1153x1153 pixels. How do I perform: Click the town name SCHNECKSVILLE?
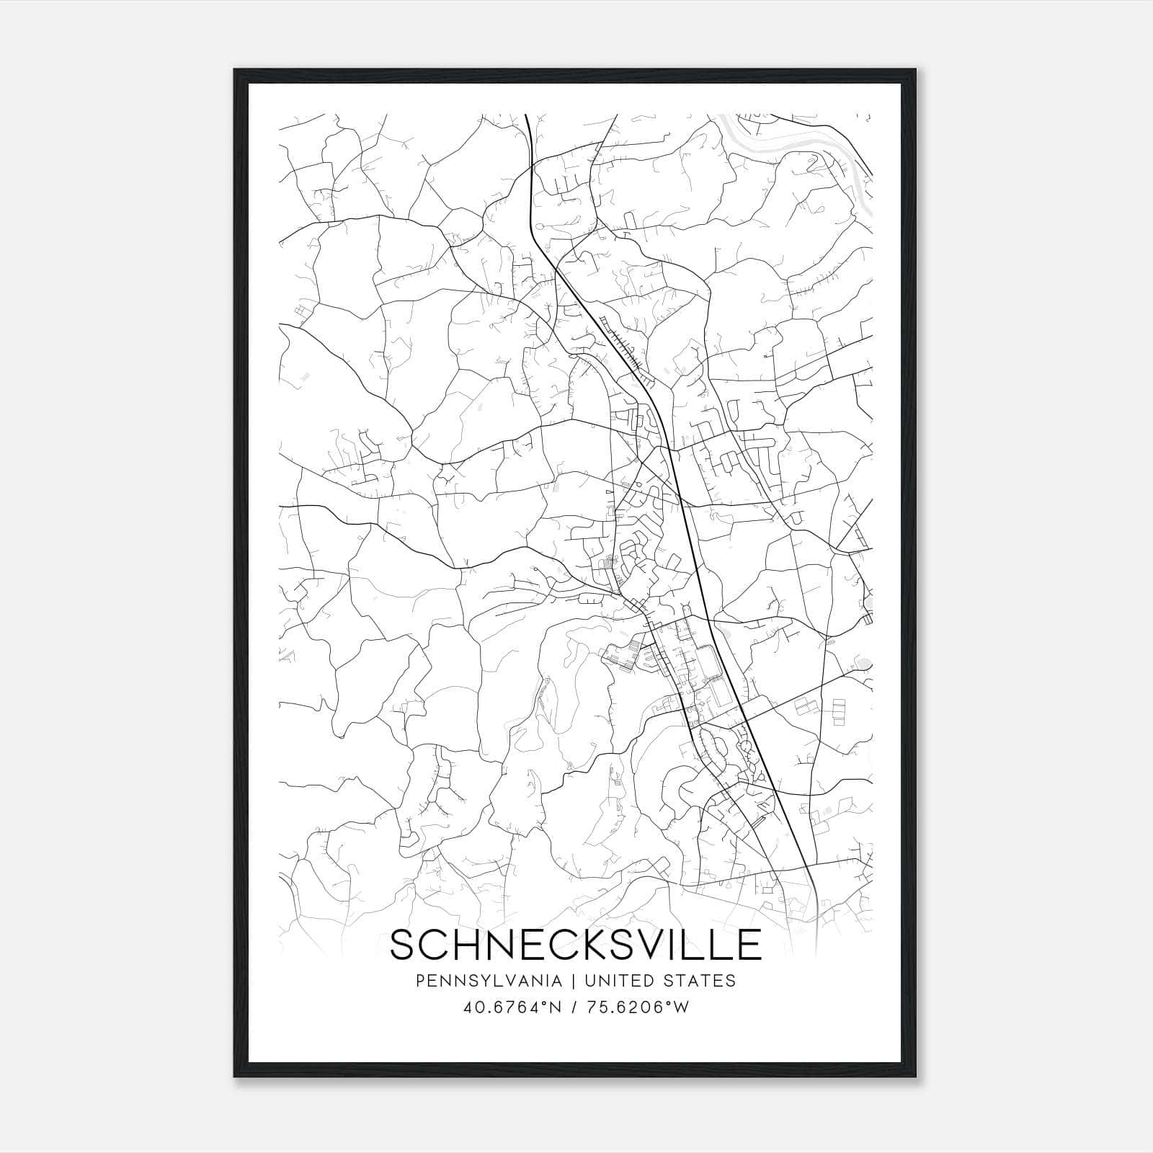pos(575,945)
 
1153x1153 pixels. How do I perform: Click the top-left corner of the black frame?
pos(235,70)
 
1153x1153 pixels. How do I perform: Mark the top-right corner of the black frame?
pos(916,70)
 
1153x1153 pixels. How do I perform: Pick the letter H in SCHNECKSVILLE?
pos(468,945)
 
